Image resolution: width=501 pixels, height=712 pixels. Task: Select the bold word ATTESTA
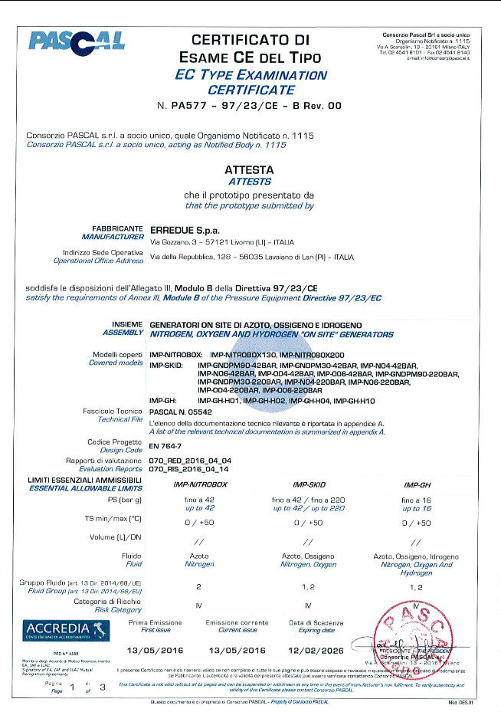250,171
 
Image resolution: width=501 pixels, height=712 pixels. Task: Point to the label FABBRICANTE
117,228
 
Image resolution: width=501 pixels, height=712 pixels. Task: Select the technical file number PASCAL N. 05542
184,412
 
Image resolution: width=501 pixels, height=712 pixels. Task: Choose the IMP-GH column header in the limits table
416,485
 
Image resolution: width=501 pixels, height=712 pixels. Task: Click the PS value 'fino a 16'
416,499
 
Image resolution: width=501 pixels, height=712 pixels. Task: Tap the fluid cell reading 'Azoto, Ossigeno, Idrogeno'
416,556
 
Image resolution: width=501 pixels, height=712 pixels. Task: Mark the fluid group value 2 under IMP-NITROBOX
198,586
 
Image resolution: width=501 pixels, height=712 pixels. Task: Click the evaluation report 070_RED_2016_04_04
183,460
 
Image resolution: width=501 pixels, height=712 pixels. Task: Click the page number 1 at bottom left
72,686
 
